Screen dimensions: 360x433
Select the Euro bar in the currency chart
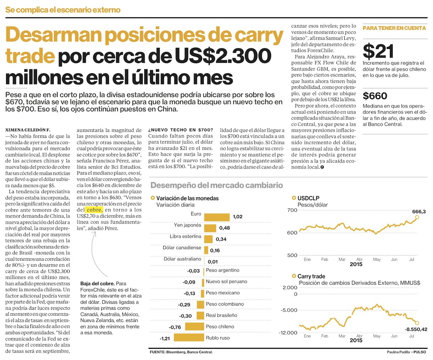[x=216, y=217]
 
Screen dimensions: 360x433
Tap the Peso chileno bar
[x=194, y=326]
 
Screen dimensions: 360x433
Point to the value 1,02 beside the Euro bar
[x=237, y=217]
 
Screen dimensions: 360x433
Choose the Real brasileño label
[x=221, y=315]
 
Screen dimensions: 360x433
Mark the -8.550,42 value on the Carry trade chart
[x=416, y=329]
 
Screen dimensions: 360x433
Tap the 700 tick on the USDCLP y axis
[x=291, y=210]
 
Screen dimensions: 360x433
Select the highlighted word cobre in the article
[x=95, y=209]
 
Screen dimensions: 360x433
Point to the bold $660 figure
[x=375, y=96]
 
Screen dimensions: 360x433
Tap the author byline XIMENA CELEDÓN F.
[x=26, y=130]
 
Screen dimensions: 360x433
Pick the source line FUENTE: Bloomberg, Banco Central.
[x=181, y=351]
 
